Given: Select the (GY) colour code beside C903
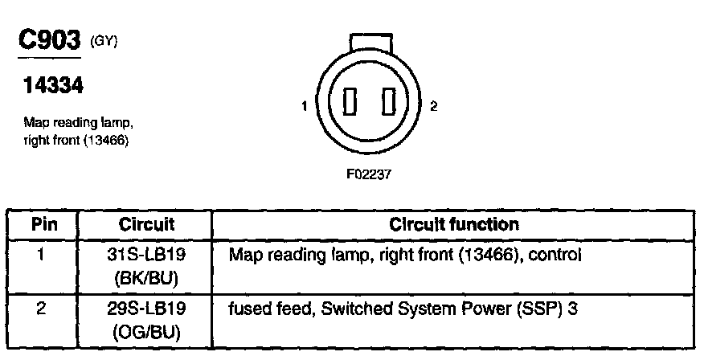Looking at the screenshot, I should [105, 41].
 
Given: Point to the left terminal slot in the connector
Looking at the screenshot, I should [349, 104].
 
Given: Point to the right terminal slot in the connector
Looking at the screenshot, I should [390, 104].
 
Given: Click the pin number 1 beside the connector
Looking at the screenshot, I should [305, 106].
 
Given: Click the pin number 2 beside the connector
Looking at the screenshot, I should [434, 106].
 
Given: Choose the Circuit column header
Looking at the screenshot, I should [146, 224].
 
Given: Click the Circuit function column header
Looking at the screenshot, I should [454, 224].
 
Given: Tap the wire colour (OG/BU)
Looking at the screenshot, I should [146, 329].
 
